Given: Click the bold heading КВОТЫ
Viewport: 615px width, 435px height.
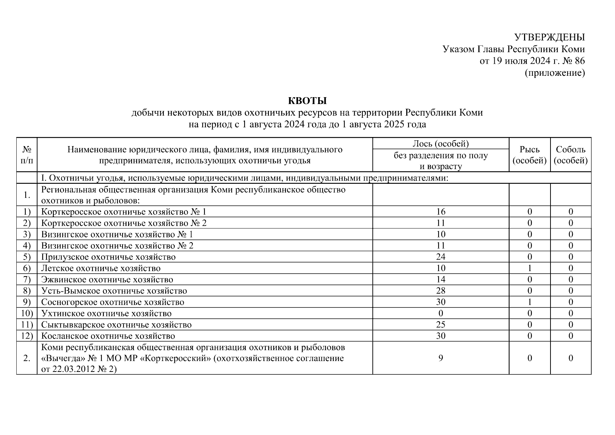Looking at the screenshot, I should pos(307,100).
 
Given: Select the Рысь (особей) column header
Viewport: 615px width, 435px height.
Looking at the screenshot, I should pos(529,155).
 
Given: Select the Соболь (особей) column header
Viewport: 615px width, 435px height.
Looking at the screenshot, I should pos(570,155).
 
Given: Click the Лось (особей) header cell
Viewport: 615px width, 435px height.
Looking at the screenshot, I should pos(440,144).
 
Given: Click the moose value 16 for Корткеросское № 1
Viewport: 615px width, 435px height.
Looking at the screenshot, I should pos(441,212).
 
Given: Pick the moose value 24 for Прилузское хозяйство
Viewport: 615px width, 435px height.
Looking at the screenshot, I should pos(441,257).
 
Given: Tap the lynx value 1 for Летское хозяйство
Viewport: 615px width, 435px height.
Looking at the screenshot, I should pos(529,268).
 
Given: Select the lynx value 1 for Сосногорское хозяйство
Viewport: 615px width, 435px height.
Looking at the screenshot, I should pos(529,302).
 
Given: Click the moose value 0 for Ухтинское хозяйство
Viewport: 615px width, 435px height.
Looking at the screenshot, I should pos(441,313).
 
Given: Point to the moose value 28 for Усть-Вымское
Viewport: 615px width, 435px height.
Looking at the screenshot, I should pos(441,291).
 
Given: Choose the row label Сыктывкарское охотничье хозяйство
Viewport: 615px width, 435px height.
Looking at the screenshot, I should pos(116,325).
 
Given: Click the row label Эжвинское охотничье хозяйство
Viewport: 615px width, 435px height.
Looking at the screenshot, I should pos(107,279).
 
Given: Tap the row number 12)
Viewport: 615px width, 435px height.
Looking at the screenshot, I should pos(27,336).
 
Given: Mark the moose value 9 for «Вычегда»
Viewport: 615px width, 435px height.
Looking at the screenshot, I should pos(441,358).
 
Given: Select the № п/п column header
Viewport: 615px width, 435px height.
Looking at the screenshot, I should pos(27,155).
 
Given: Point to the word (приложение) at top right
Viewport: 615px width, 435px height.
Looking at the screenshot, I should pos(555,73).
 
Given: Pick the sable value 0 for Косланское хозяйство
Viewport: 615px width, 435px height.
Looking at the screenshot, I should pos(570,336).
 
